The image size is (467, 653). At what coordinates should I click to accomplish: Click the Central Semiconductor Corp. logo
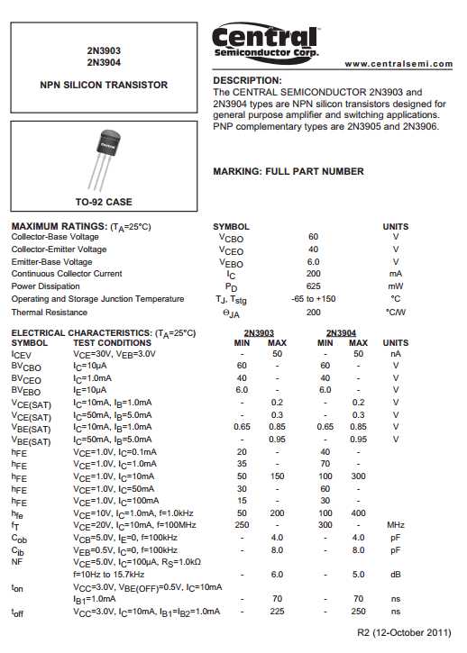pos(264,42)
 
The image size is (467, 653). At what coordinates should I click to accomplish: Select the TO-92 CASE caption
pos(104,202)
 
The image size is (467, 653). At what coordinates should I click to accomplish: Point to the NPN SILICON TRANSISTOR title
pos(104,85)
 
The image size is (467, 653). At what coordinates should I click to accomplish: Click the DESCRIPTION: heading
pos(247,81)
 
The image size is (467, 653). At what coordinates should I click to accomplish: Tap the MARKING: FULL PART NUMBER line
pos(288,171)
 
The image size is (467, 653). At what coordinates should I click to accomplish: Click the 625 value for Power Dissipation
pos(313,286)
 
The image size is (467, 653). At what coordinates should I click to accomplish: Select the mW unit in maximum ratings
pos(395,286)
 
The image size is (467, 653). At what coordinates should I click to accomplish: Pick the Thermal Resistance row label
pos(50,312)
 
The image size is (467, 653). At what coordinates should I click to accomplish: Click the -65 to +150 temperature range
pos(313,299)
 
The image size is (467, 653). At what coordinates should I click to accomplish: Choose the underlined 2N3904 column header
pos(341,332)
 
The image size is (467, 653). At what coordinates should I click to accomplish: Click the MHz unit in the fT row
pos(395,523)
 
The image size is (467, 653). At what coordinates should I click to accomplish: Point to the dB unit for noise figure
pos(395,574)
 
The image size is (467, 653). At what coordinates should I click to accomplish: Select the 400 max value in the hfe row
pos(358,512)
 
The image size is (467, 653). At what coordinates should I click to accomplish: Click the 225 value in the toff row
pos(277,612)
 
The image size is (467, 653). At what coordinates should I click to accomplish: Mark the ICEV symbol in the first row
pos(21,354)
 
